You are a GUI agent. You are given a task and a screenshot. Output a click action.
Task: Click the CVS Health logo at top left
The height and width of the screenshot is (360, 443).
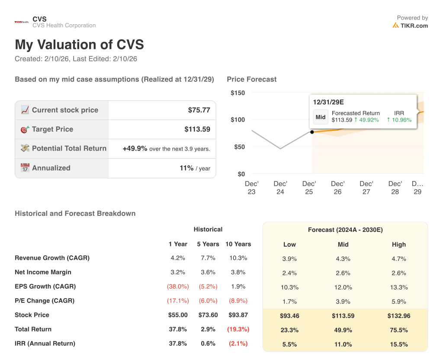point(22,22)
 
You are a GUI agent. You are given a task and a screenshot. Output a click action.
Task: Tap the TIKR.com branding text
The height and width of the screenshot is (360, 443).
point(414,26)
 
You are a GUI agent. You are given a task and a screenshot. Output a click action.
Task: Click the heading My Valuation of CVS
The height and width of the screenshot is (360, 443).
point(79,45)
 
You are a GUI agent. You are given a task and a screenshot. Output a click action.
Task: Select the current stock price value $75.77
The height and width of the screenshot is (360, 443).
point(199,110)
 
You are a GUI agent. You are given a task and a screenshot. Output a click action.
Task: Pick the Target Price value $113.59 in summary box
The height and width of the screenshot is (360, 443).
point(197,129)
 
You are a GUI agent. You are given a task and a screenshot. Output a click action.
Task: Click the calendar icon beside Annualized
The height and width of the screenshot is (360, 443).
point(25,168)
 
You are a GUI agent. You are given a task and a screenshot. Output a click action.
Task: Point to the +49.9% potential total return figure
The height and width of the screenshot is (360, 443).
point(135,148)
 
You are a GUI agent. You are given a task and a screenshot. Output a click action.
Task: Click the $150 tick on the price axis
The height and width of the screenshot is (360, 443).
point(238,93)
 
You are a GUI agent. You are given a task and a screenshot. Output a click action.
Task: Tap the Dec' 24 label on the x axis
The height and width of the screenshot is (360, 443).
point(280,187)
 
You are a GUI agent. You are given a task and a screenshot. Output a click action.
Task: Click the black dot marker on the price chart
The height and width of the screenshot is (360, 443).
point(312,132)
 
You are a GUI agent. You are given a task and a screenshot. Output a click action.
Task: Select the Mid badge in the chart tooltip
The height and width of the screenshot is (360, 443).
point(321,117)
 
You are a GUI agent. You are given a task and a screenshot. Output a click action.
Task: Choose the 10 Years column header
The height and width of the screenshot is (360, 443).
point(238,244)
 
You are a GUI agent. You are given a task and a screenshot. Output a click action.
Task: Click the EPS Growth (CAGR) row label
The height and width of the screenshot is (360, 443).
point(45,286)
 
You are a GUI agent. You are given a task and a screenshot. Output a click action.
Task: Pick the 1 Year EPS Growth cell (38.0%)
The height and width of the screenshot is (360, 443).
point(177,286)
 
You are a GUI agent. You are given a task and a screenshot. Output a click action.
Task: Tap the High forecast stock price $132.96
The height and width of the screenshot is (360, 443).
point(399,316)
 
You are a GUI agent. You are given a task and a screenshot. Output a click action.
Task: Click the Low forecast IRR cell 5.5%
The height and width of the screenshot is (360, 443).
point(289,344)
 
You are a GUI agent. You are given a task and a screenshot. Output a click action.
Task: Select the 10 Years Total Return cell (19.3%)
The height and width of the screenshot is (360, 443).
point(238,329)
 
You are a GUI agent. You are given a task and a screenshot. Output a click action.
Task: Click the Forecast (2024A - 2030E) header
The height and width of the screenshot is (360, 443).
point(345,230)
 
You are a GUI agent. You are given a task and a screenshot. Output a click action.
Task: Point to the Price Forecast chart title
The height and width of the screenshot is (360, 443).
point(251,79)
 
